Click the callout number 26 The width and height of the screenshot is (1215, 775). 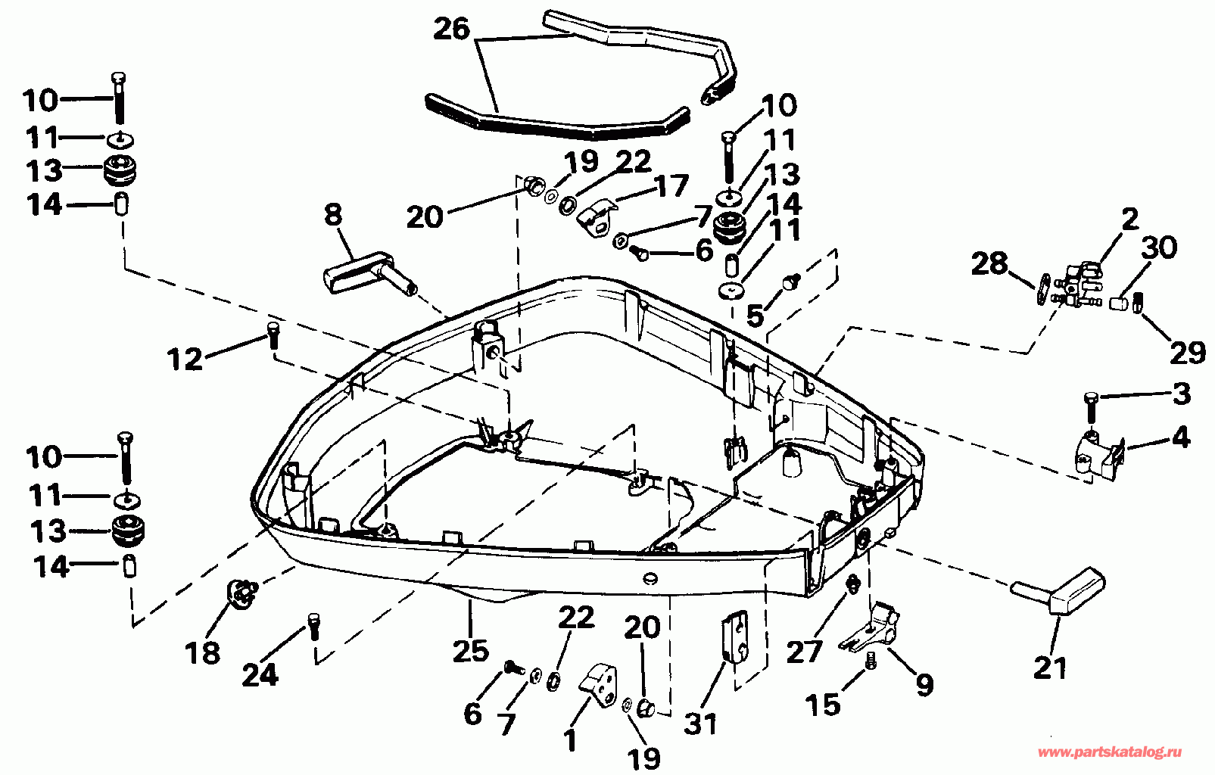(452, 30)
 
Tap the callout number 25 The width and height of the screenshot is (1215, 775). (470, 649)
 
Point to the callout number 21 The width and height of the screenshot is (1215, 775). (1050, 668)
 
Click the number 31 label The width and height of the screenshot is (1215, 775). (700, 724)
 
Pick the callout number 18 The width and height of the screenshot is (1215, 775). (202, 652)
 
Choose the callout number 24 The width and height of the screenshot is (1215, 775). (260, 674)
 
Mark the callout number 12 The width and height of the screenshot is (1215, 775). (185, 359)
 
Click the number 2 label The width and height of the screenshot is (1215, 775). (1129, 219)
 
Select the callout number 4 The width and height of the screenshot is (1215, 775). (1180, 437)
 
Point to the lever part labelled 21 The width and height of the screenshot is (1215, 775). (1063, 593)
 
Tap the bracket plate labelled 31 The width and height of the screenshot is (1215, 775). (735, 636)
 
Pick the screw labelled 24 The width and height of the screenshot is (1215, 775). (313, 627)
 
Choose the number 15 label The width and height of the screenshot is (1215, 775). (824, 705)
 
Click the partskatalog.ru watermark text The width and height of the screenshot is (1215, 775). (1109, 752)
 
